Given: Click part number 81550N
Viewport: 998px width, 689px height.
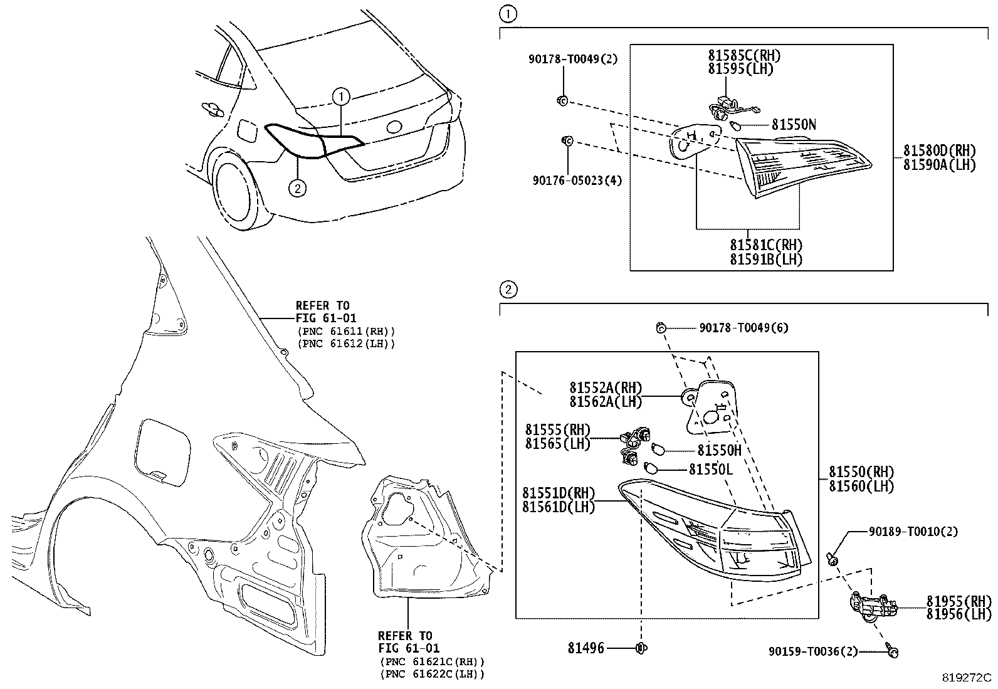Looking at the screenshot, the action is [x=794, y=125].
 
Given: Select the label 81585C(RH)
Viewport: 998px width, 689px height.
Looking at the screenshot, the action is [x=744, y=55].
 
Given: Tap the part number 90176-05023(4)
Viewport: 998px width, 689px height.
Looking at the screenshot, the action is [x=577, y=181].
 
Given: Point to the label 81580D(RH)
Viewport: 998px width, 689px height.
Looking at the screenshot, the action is [x=939, y=150].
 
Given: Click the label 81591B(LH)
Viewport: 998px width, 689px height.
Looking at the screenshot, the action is [x=766, y=260].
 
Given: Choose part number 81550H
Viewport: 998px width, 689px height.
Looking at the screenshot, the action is [x=719, y=451].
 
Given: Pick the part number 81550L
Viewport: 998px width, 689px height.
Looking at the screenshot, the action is [x=711, y=470].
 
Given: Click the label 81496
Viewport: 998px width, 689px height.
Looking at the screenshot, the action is [x=586, y=648].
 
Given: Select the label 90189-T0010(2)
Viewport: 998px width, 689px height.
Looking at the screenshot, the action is [x=913, y=531].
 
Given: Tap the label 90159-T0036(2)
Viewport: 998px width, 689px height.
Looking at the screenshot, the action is [x=813, y=651].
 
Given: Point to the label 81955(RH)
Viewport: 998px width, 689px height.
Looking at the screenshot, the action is [x=959, y=601].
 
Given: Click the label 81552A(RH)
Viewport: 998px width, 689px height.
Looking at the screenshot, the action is [x=606, y=387].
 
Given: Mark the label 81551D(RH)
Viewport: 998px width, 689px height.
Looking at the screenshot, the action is [x=559, y=493].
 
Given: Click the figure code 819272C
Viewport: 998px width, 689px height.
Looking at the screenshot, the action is [x=967, y=678].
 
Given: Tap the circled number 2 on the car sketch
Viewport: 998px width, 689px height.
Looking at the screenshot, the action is [x=298, y=188].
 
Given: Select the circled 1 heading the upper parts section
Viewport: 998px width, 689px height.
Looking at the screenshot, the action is [x=508, y=14].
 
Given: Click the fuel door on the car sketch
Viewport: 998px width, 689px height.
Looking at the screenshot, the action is [x=246, y=131].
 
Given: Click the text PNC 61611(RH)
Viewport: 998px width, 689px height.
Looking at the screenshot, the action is [x=346, y=332].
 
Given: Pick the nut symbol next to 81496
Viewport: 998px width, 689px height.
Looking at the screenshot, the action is [x=641, y=648].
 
